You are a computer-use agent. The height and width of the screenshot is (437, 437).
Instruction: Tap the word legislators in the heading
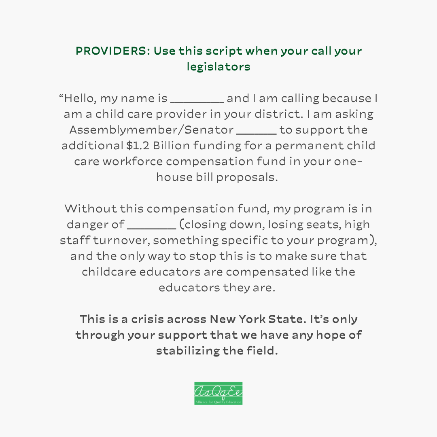[x=218, y=67]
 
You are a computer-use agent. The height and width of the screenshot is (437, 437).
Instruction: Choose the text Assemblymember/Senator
[x=151, y=130]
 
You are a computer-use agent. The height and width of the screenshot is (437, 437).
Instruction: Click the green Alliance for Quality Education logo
[x=218, y=393]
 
